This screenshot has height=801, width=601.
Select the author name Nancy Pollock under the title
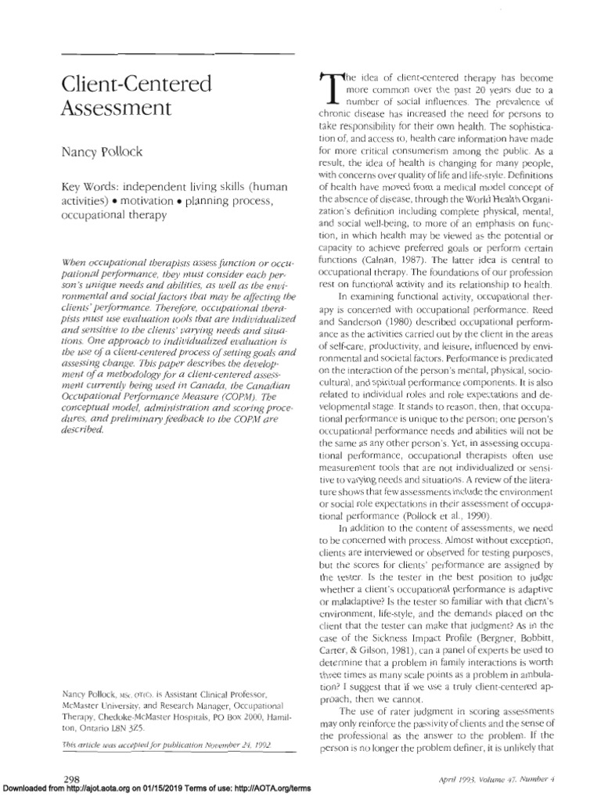99,151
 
